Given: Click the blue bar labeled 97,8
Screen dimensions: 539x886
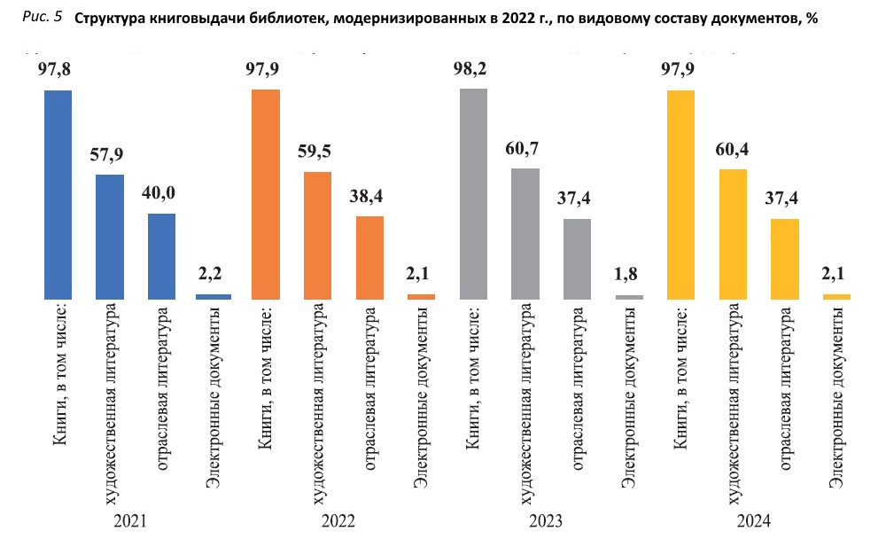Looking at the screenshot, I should point(58,194).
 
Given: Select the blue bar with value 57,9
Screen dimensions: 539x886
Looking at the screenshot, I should point(110,237).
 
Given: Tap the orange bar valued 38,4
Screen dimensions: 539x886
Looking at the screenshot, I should point(369,257).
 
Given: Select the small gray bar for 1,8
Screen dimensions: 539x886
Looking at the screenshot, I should point(629,297).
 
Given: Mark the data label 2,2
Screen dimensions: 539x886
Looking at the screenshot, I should point(213,276).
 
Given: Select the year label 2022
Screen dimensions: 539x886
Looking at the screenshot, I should point(337,521).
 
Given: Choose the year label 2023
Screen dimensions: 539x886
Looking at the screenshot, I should point(545,521).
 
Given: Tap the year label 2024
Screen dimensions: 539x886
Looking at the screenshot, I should point(754,521).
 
